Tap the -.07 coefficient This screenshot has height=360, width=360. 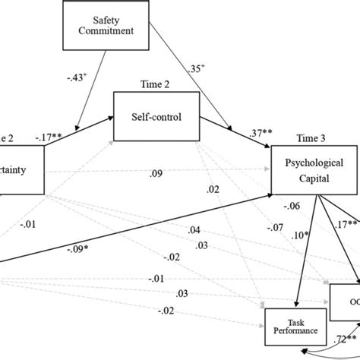(276, 226)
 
